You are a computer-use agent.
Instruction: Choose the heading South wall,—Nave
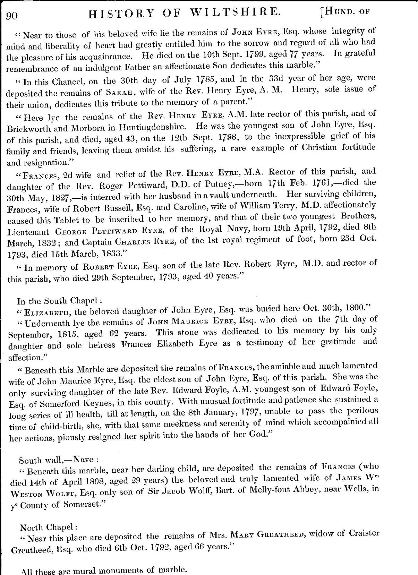pyautogui.click(x=59, y=460)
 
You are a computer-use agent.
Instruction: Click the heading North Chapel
pyautogui.click(x=46, y=527)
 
